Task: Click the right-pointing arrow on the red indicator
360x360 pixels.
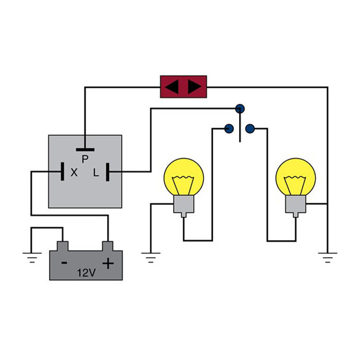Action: click(x=195, y=87)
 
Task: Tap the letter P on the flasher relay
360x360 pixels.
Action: click(x=85, y=158)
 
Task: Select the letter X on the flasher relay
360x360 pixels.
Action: click(x=74, y=173)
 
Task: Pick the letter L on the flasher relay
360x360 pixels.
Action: click(x=96, y=173)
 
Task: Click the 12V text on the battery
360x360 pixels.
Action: click(x=86, y=273)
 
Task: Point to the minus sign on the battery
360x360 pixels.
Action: click(x=63, y=263)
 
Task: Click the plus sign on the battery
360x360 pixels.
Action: click(x=108, y=263)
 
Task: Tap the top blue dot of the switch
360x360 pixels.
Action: click(x=240, y=109)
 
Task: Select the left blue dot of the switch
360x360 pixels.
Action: click(x=229, y=128)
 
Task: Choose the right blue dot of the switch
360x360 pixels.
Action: click(x=250, y=128)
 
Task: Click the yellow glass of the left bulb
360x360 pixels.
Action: click(x=183, y=177)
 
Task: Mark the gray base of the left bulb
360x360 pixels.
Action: click(x=183, y=205)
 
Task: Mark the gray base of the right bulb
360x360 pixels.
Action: click(x=295, y=205)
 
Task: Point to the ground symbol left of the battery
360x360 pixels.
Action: click(x=32, y=258)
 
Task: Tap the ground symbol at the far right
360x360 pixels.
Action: click(x=328, y=258)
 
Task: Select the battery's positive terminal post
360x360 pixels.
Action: click(x=108, y=246)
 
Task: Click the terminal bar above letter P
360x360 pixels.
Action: click(x=85, y=150)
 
